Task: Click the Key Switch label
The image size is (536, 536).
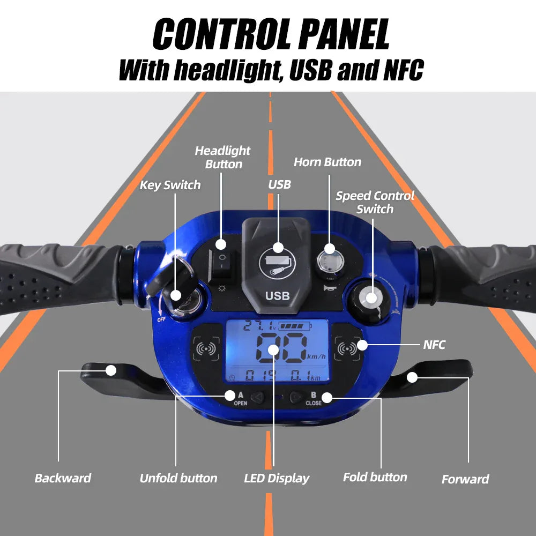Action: (170, 185)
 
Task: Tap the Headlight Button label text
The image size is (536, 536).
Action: (222, 157)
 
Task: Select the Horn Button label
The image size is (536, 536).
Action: (327, 162)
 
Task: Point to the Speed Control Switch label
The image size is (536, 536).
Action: (375, 202)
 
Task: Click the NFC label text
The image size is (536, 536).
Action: (434, 345)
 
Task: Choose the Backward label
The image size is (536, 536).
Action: (63, 478)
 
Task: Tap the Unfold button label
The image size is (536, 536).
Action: (178, 478)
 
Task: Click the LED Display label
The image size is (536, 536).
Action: (277, 479)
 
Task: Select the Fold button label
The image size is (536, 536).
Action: (375, 477)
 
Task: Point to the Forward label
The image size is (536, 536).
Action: (465, 479)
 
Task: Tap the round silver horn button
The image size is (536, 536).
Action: (330, 261)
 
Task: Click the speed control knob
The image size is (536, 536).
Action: (370, 301)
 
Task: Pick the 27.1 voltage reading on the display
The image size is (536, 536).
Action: (259, 326)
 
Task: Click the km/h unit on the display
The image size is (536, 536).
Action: (317, 356)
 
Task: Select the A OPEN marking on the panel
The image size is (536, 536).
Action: (241, 399)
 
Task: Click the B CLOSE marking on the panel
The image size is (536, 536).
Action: (314, 399)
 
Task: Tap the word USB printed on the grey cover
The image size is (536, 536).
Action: (278, 296)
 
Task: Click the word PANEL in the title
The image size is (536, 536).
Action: (344, 34)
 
